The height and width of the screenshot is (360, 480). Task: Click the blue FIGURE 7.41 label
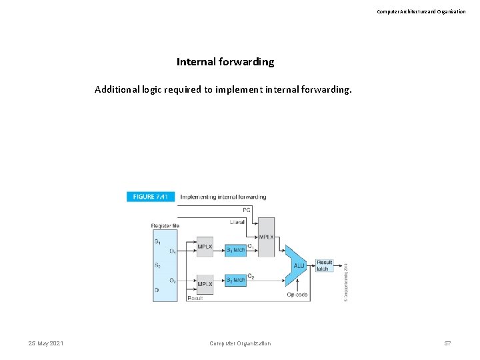click(x=151, y=197)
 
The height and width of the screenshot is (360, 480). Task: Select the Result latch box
click(x=324, y=265)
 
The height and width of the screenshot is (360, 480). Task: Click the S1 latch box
click(x=235, y=250)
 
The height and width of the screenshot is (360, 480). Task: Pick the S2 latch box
click(x=235, y=279)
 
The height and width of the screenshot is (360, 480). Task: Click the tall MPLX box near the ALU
click(x=265, y=237)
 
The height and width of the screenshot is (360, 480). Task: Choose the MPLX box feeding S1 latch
click(x=205, y=247)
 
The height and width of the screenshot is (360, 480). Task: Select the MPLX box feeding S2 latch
click(x=205, y=283)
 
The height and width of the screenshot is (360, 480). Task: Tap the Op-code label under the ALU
click(x=297, y=295)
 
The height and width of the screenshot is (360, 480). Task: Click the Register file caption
click(x=165, y=226)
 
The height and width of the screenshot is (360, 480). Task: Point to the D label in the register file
click(x=157, y=291)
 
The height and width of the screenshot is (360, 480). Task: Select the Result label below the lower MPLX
click(x=195, y=298)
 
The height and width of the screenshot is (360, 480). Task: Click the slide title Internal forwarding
click(x=225, y=62)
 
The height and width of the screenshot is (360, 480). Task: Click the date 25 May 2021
click(x=46, y=343)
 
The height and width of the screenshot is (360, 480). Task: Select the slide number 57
click(x=447, y=343)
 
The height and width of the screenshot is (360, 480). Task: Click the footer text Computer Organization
click(x=240, y=343)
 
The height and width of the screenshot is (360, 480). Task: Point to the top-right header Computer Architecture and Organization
click(x=421, y=11)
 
